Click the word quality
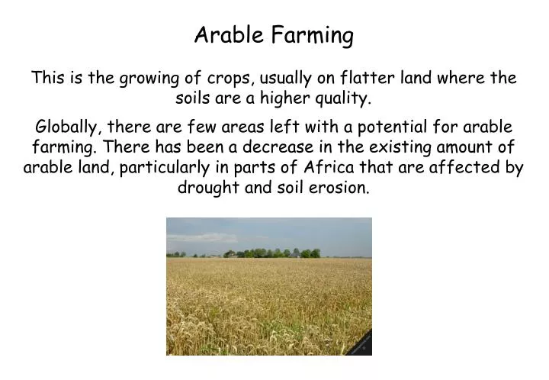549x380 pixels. pyautogui.click(x=343, y=98)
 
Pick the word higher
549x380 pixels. pyautogui.click(x=283, y=98)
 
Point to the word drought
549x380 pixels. pyautogui.click(x=209, y=188)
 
